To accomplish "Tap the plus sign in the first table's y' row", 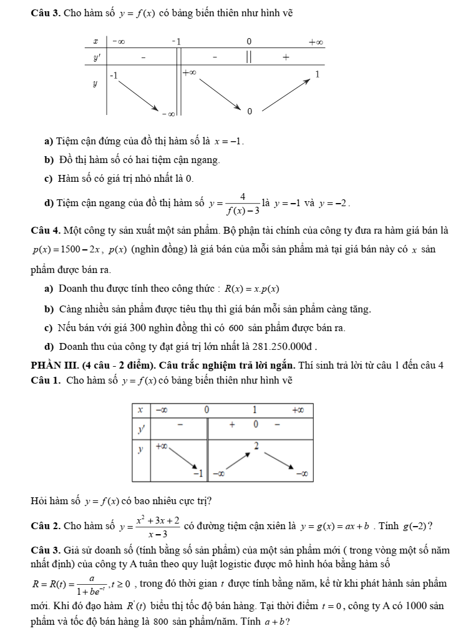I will tap(286, 57).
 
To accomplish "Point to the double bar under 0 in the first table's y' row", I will tap(248, 57).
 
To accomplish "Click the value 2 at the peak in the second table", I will tap(256, 444).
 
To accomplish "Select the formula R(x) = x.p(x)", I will tap(251, 289).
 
